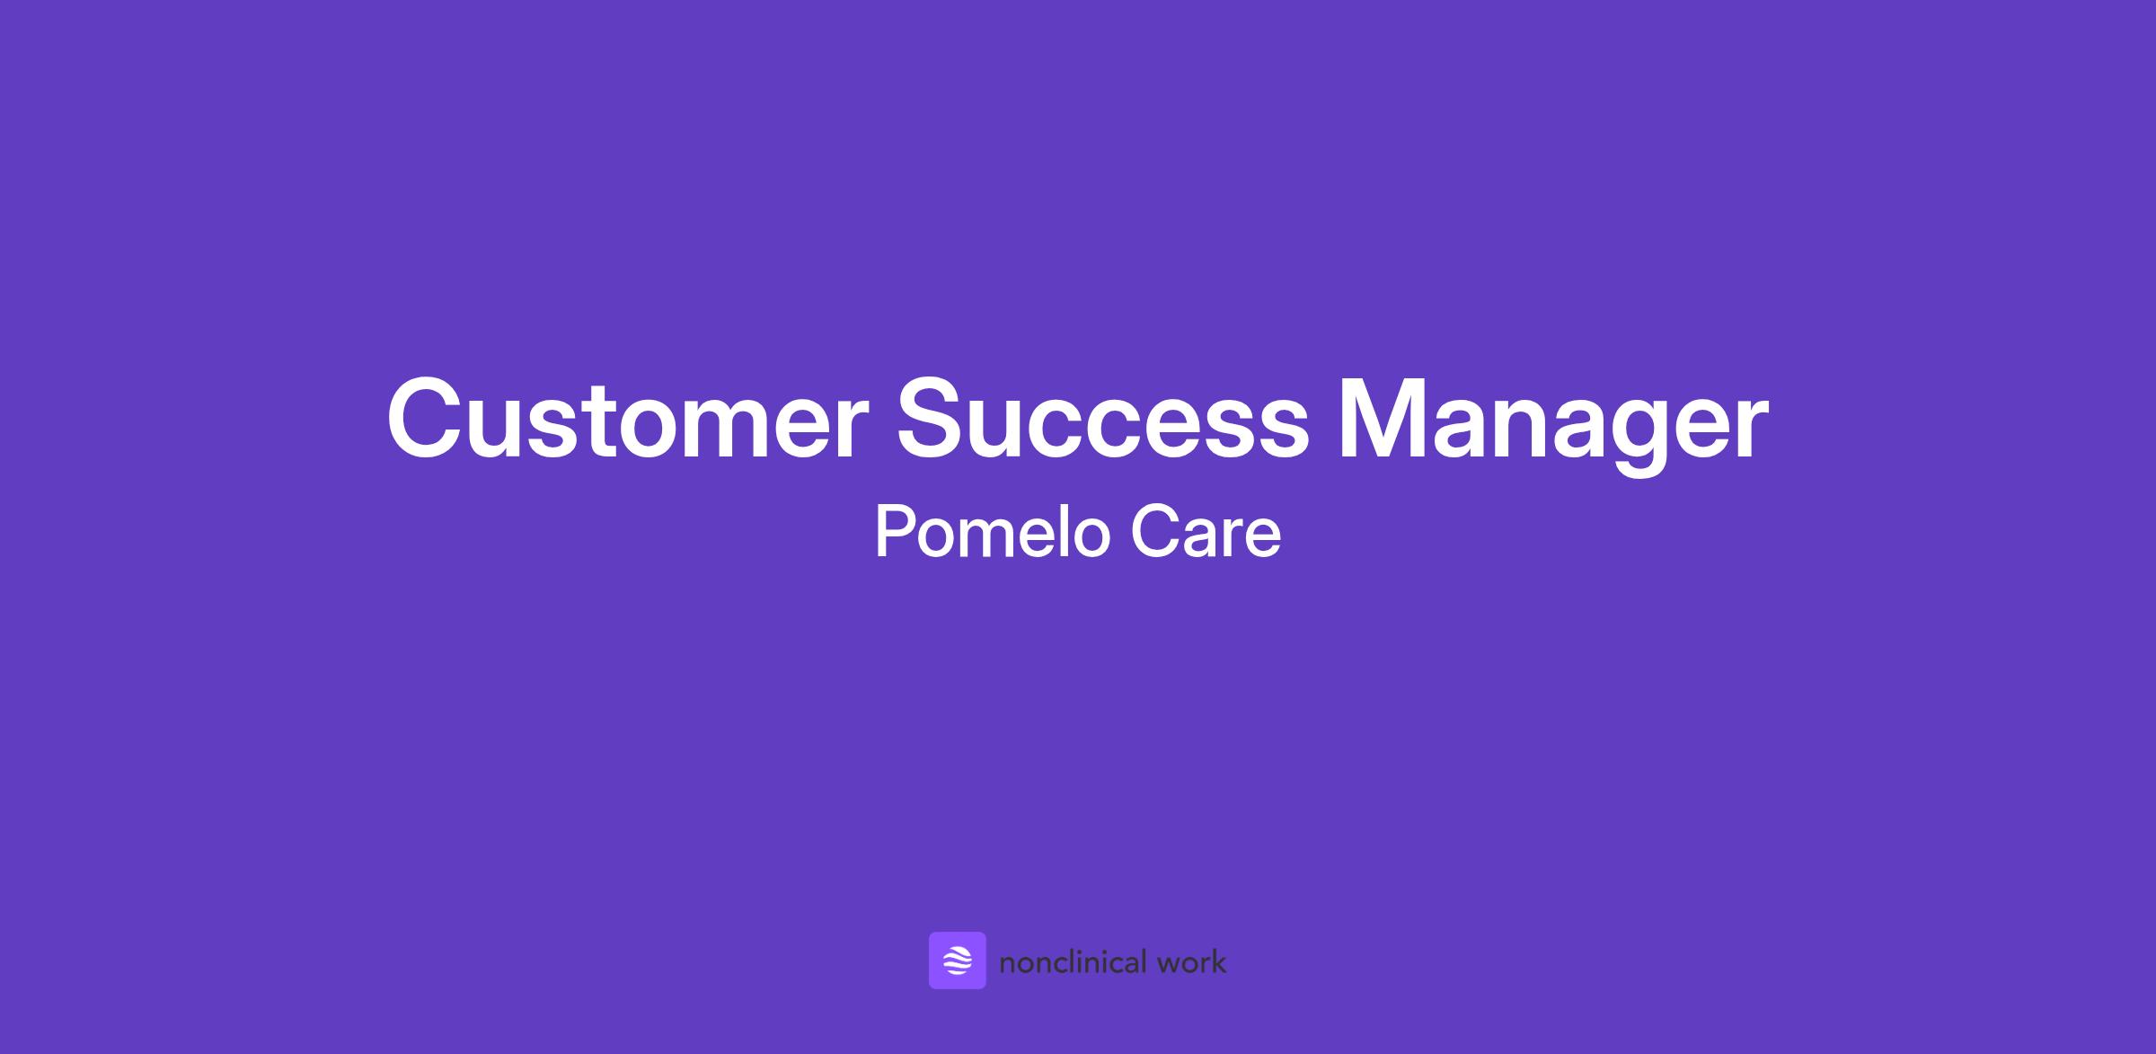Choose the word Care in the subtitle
(x=1206, y=532)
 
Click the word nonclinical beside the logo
(x=1073, y=962)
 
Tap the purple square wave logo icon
(x=957, y=961)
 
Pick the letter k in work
(x=1217, y=961)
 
